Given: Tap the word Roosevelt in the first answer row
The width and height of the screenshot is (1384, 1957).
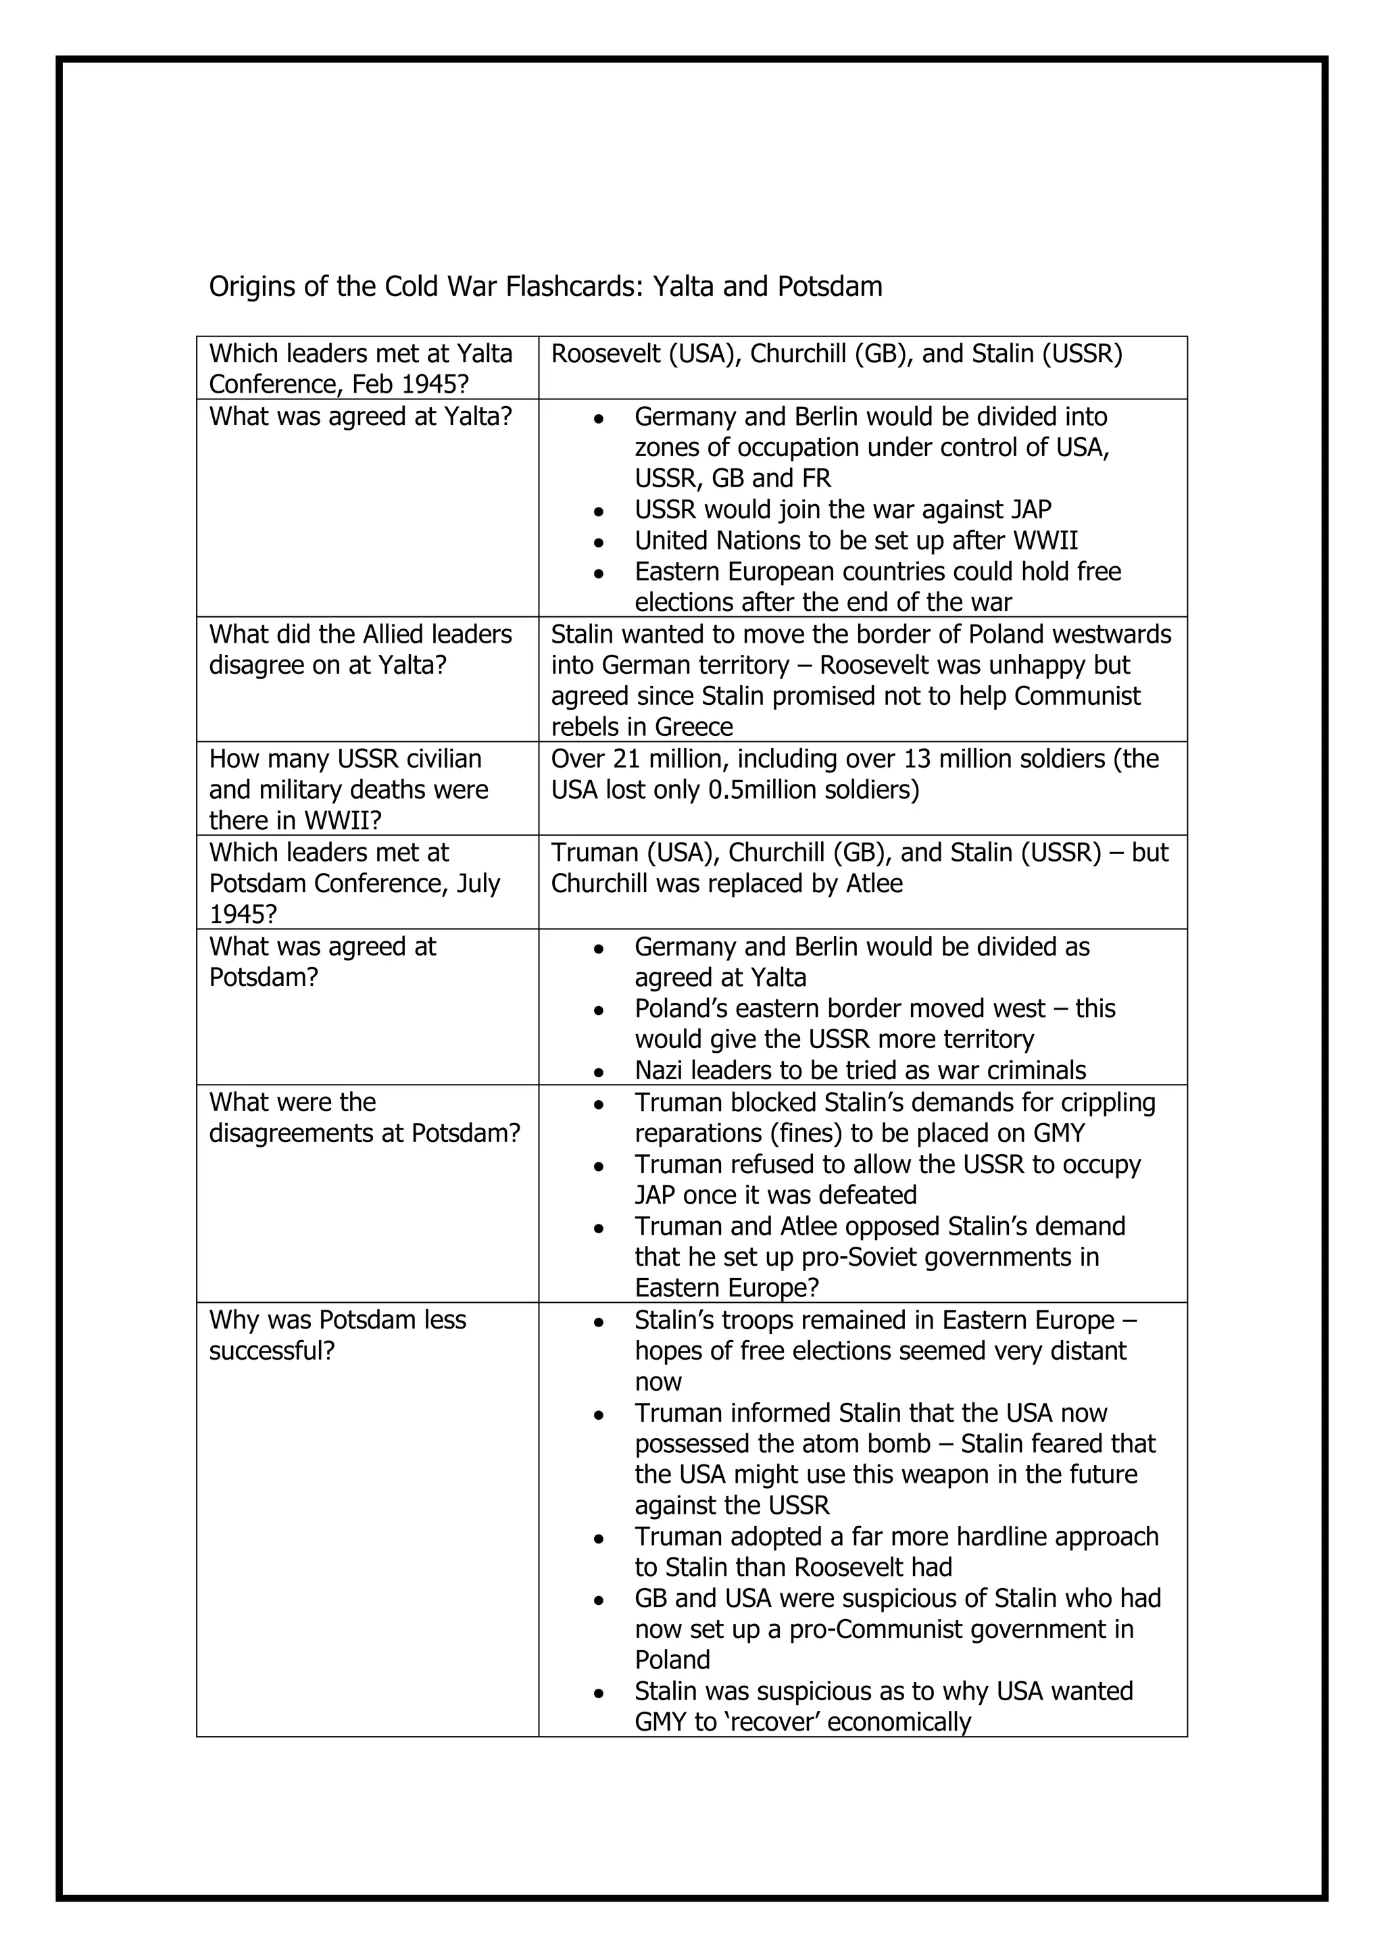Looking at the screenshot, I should pos(604,353).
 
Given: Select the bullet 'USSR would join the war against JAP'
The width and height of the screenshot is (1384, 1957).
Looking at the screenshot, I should pos(842,510).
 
